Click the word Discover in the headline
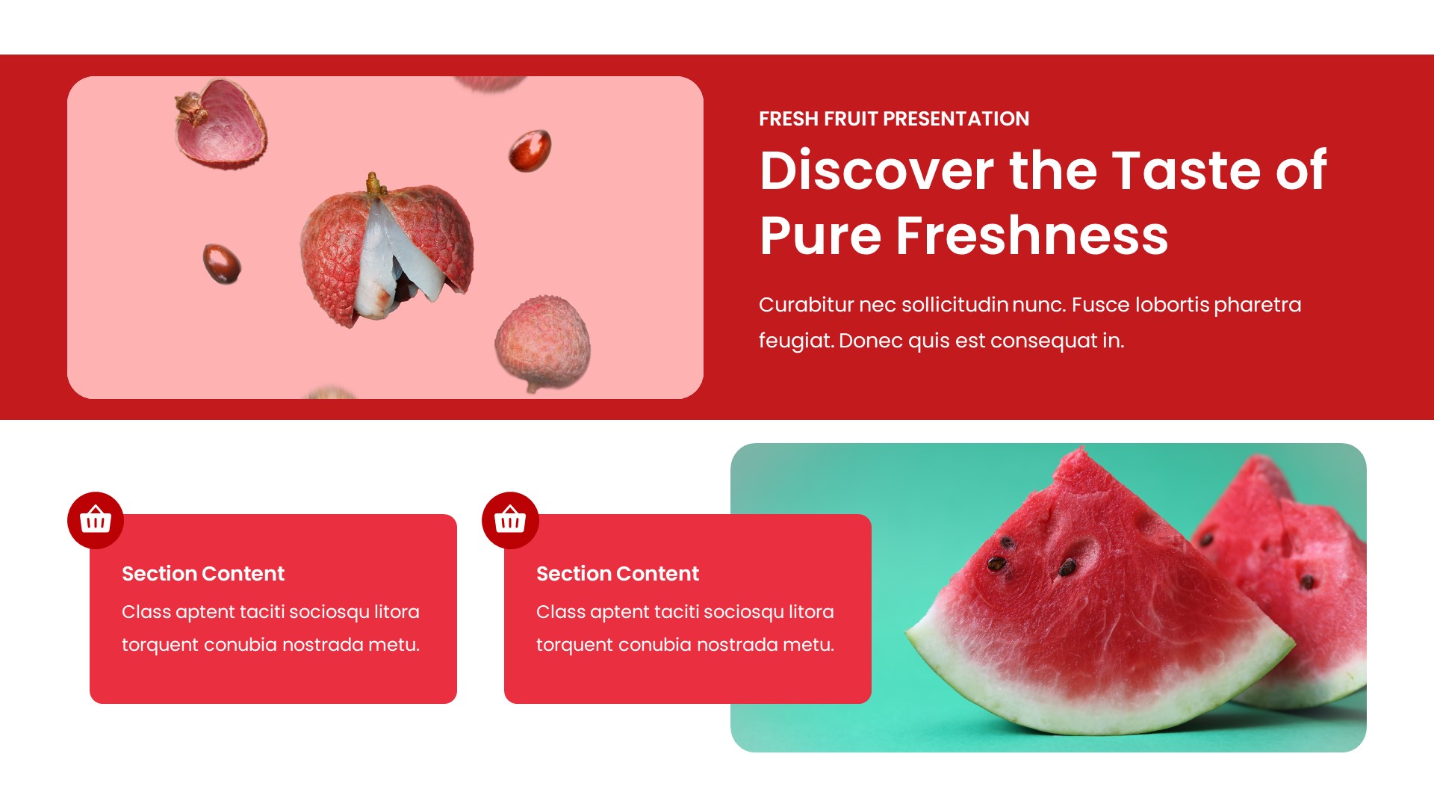[x=876, y=170]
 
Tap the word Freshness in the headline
[x=1031, y=235]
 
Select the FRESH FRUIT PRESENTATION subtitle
[x=893, y=119]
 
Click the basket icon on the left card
[x=96, y=520]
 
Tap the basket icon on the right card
[x=510, y=520]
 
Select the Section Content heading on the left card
[x=203, y=574]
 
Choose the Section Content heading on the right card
[x=618, y=574]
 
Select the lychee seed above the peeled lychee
[x=530, y=149]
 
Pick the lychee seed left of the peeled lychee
[x=222, y=263]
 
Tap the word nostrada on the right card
[x=732, y=645]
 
